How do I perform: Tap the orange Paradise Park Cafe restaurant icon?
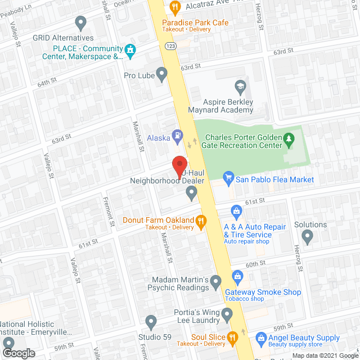pyautogui.click(x=174, y=7)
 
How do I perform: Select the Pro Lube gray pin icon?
pyautogui.click(x=162, y=74)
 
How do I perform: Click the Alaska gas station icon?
pyautogui.click(x=178, y=134)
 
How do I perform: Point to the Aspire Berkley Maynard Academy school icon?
pyautogui.click(x=240, y=87)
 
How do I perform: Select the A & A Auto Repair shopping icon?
pyautogui.click(x=237, y=211)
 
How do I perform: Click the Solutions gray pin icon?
pyautogui.click(x=307, y=237)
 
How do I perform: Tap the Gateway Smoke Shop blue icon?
pyautogui.click(x=238, y=276)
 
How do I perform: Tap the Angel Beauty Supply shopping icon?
pyautogui.click(x=260, y=338)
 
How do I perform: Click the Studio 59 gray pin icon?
pyautogui.click(x=150, y=322)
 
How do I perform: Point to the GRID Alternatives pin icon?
pyautogui.click(x=81, y=23)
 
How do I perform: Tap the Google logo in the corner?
pyautogui.click(x=18, y=353)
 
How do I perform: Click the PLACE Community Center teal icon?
pyautogui.click(x=130, y=51)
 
